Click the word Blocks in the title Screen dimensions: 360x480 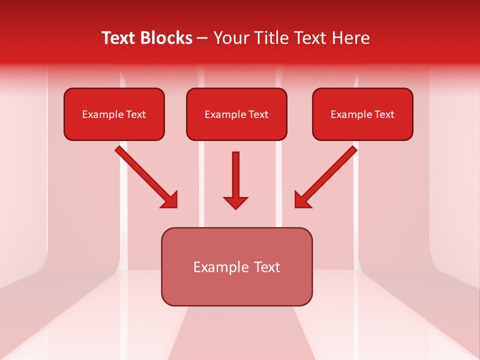(168, 38)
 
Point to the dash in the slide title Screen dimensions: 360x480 (202, 38)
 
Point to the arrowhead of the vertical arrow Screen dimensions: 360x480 (235, 202)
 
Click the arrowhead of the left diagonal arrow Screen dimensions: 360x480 (170, 200)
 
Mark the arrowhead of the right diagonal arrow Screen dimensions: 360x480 (302, 200)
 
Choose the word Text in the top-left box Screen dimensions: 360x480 (136, 114)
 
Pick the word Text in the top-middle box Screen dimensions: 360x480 (258, 114)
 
